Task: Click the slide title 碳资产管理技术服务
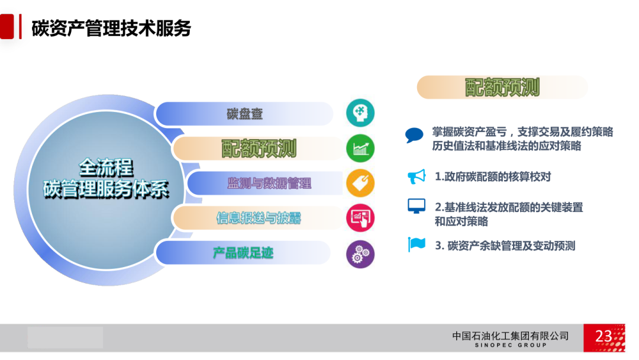(111, 28)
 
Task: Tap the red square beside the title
(7, 27)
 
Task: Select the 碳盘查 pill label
(244, 114)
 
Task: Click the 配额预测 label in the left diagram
(259, 149)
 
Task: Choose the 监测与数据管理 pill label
(269, 184)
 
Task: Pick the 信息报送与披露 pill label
(259, 218)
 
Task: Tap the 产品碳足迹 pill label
(243, 253)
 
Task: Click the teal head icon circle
(360, 113)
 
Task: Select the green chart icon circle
(360, 149)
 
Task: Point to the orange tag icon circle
(360, 184)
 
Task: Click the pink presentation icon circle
(360, 218)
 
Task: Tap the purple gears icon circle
(360, 254)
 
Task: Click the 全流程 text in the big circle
(106, 168)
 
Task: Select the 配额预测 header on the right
(502, 87)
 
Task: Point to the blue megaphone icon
(417, 176)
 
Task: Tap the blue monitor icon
(417, 206)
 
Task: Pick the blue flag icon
(417, 245)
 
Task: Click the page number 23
(603, 336)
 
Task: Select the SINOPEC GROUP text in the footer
(511, 345)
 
